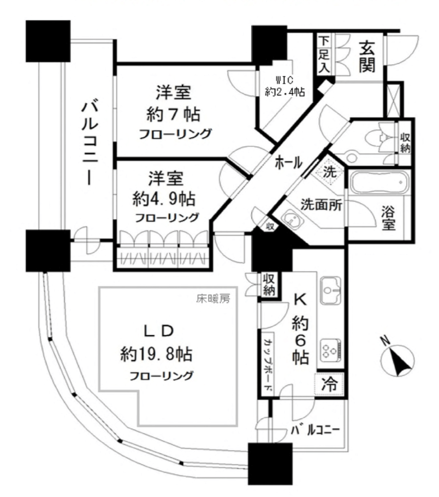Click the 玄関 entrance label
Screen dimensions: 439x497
click(x=367, y=57)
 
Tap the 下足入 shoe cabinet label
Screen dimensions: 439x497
click(x=324, y=55)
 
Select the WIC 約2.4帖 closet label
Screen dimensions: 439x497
click(x=284, y=86)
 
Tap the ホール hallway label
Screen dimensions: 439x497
click(x=288, y=163)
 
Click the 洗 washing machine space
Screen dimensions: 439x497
click(x=330, y=172)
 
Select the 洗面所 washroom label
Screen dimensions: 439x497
click(x=321, y=205)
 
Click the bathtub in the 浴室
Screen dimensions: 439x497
click(x=378, y=182)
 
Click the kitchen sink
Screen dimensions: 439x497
click(x=330, y=291)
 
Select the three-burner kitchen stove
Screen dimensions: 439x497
click(x=331, y=351)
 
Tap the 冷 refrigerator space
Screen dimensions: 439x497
click(x=329, y=384)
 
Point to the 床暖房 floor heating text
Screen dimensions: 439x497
click(x=213, y=299)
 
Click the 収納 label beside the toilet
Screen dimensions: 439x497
click(x=405, y=143)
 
